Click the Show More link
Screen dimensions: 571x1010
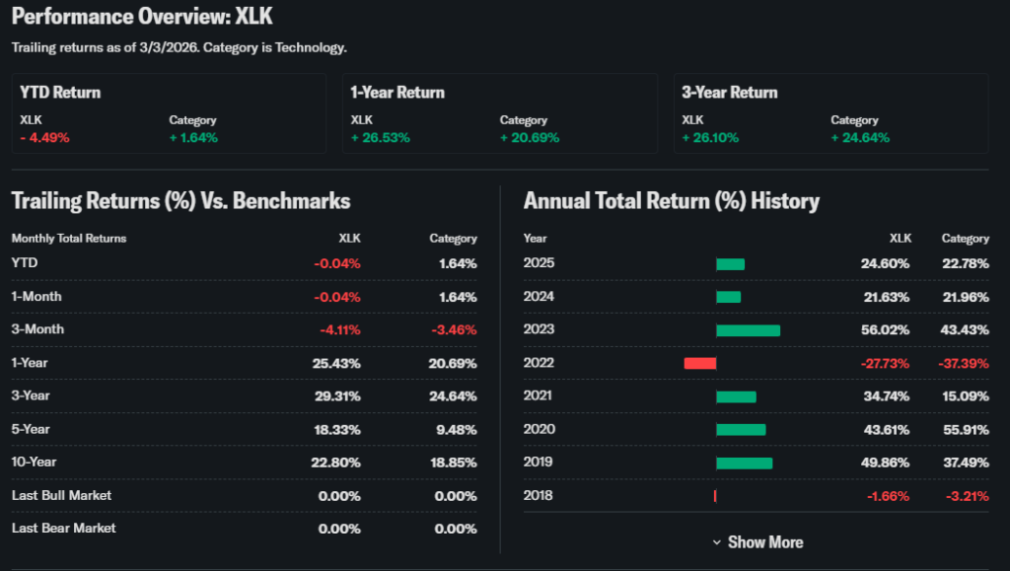(x=757, y=542)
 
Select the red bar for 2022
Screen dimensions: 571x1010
(x=699, y=363)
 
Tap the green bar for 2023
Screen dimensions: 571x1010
(x=748, y=330)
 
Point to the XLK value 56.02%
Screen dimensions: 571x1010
(x=888, y=329)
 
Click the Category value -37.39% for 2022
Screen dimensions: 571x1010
(x=963, y=363)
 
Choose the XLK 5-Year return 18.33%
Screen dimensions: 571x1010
(x=339, y=429)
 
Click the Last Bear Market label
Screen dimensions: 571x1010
(x=63, y=529)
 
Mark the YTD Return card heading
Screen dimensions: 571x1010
(x=60, y=93)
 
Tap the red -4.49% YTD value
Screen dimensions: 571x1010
(x=44, y=137)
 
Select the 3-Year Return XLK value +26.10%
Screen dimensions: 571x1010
(x=710, y=137)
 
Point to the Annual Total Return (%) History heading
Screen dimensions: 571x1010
(x=671, y=201)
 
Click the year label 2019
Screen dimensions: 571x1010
(x=539, y=463)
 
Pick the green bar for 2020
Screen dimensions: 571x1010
(x=741, y=429)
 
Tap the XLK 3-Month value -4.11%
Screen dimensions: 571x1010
(x=338, y=329)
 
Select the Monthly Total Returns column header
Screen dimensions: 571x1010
(x=69, y=239)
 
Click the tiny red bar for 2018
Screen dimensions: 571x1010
(x=714, y=496)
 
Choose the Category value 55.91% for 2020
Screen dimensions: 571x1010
(x=965, y=429)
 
